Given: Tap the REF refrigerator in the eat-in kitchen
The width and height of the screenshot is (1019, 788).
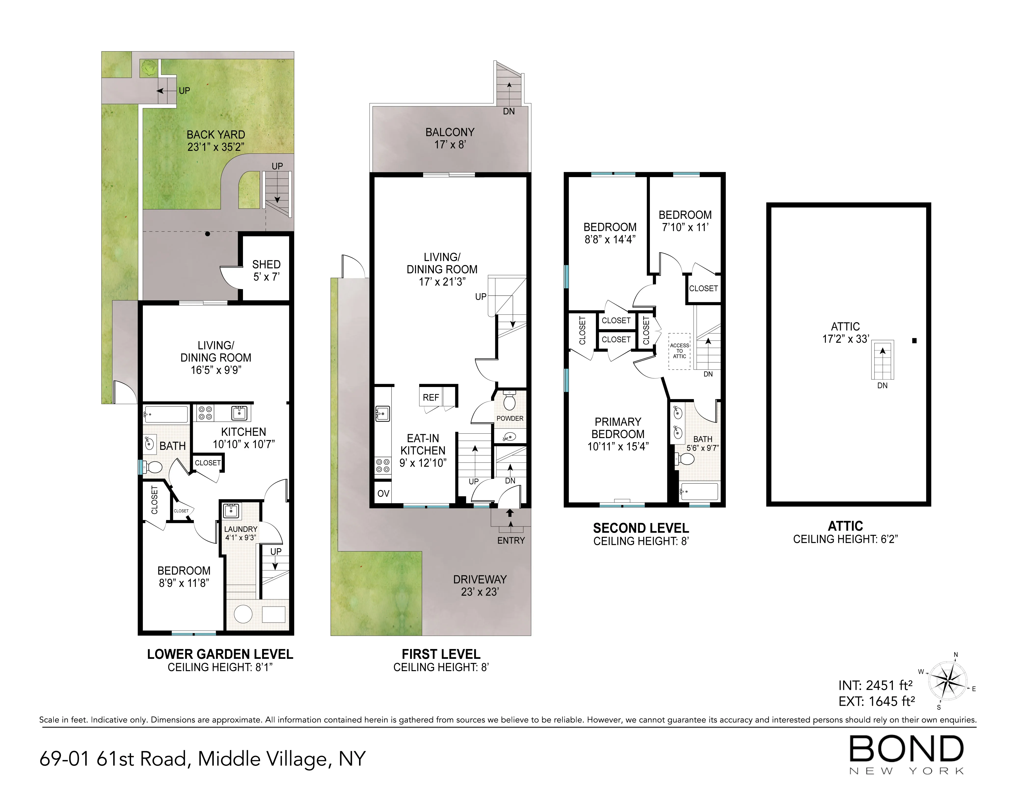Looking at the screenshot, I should click(431, 397).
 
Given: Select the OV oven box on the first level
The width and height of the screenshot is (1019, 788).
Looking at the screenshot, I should click(383, 493).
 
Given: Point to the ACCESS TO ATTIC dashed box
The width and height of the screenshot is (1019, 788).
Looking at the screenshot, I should click(679, 351).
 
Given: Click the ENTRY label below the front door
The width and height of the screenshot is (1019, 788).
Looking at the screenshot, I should click(511, 540).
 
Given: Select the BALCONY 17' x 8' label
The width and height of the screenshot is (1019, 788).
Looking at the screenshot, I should click(450, 138).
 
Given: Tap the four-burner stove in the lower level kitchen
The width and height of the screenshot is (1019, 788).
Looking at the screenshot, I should click(205, 413).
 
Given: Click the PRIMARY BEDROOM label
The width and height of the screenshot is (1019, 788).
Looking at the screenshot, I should click(618, 434).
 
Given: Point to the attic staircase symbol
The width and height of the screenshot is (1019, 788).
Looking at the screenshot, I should click(882, 360).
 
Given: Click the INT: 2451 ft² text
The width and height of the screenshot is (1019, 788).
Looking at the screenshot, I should click(875, 685).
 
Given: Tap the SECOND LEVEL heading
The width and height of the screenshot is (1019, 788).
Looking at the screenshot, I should click(641, 528).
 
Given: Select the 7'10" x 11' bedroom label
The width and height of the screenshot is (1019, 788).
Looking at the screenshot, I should click(685, 221).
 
